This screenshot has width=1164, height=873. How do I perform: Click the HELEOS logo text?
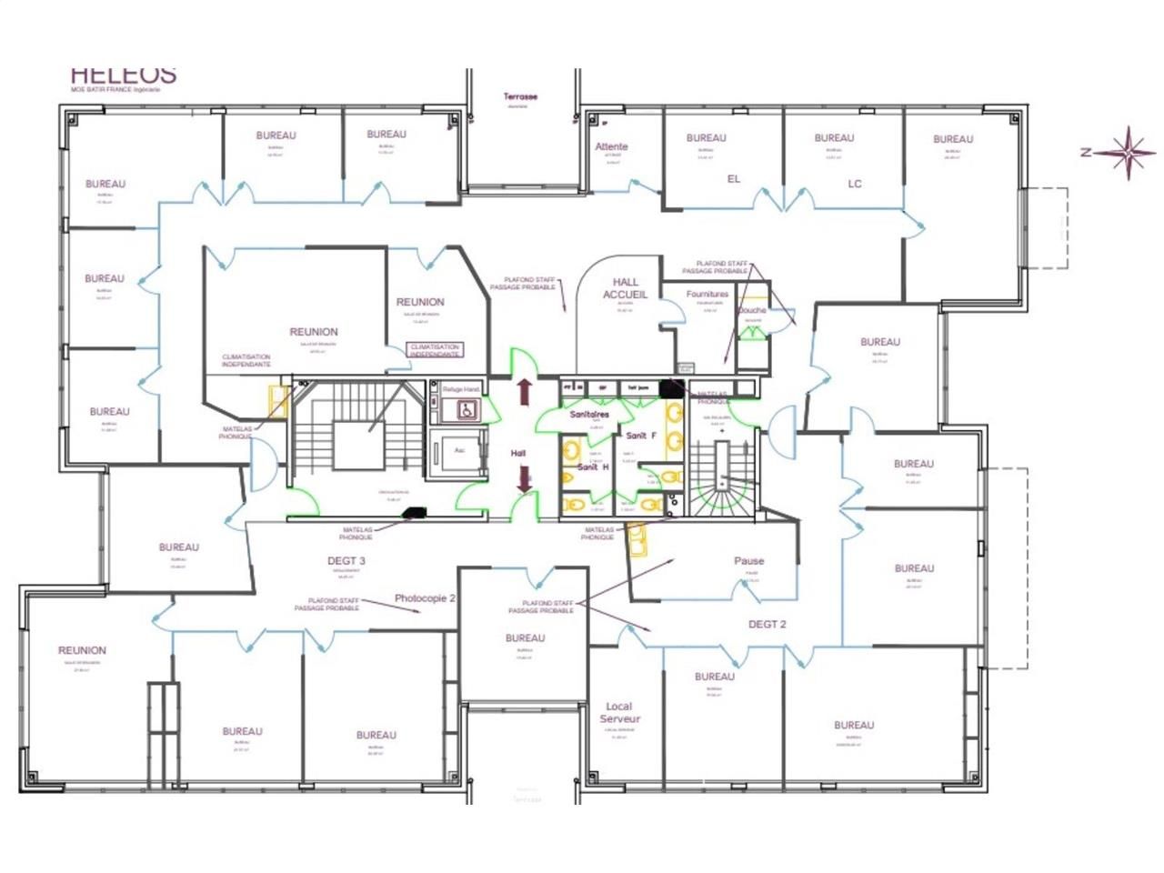pos(123,75)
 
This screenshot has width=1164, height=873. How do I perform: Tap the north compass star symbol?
pos(1127,152)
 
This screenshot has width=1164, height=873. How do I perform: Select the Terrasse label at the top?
pos(520,96)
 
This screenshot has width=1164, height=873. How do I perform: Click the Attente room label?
pos(611,146)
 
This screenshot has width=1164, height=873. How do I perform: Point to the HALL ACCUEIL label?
pos(625,288)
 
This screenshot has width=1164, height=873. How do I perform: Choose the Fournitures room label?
pos(707,295)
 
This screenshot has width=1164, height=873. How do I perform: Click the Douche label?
pos(752,310)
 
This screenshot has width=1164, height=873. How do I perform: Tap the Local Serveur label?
pos(619,712)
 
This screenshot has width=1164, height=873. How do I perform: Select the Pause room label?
pos(748,561)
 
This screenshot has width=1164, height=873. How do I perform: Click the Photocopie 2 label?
pos(425,598)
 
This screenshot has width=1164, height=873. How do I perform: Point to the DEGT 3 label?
pos(346,561)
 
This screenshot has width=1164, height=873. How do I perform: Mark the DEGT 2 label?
pos(767,624)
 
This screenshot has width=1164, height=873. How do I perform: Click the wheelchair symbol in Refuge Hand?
pos(462,410)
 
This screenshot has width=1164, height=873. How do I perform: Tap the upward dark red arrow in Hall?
pos(524,392)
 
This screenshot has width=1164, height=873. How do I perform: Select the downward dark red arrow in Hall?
pos(524,479)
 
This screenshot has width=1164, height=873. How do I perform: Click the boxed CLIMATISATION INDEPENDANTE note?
pos(435,351)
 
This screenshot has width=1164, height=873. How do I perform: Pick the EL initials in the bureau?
pos(734,179)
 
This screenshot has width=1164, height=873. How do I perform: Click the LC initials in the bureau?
pos(854,184)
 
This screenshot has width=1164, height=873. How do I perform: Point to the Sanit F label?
pos(640,436)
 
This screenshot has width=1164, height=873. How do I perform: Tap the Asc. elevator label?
pos(459,449)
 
